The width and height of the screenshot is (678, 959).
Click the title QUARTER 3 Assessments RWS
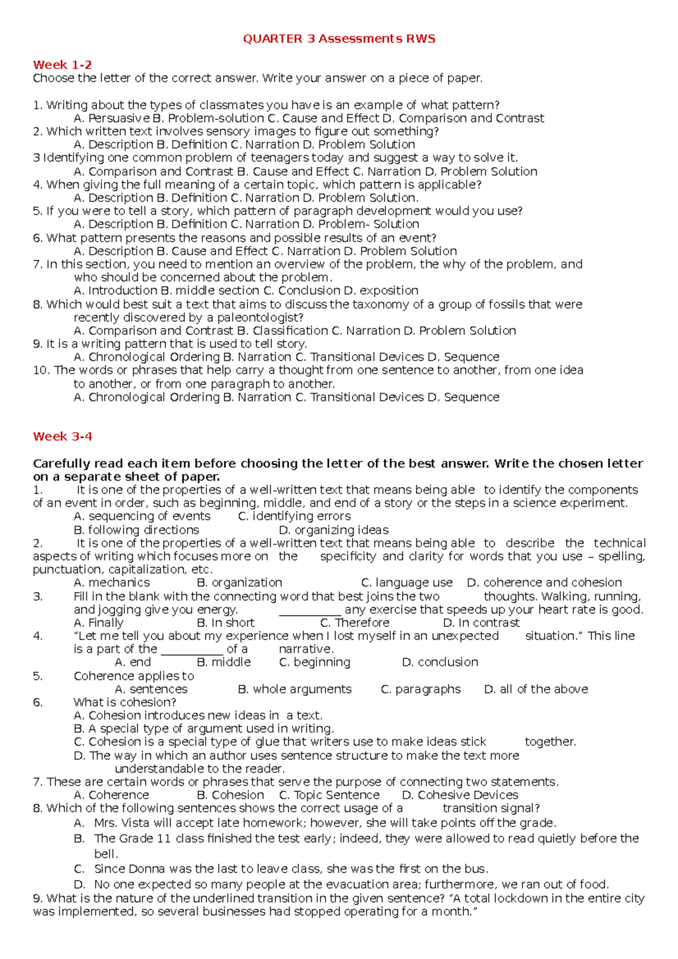339,39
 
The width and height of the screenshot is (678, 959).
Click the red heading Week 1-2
62,65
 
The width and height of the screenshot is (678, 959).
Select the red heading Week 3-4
62,437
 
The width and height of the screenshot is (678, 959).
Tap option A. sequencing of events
142,516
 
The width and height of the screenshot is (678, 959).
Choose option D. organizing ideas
334,530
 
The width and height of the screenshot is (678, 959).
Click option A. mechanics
112,582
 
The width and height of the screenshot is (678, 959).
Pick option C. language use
407,582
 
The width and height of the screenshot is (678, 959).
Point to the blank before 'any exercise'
310,610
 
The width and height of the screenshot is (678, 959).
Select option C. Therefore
355,622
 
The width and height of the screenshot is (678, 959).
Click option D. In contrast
481,622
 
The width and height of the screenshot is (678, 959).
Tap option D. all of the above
536,689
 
